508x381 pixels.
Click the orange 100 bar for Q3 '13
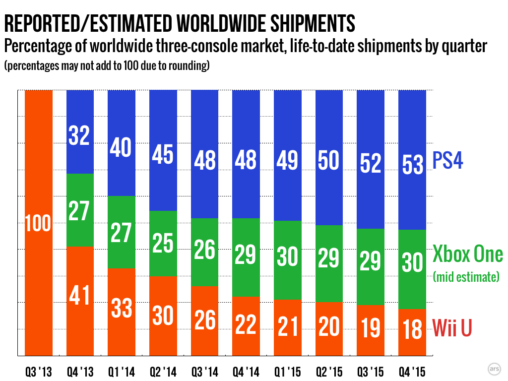[38, 223]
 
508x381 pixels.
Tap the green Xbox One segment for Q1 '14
[122, 232]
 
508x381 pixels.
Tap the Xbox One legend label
[467, 254]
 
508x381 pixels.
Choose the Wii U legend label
[451, 328]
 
